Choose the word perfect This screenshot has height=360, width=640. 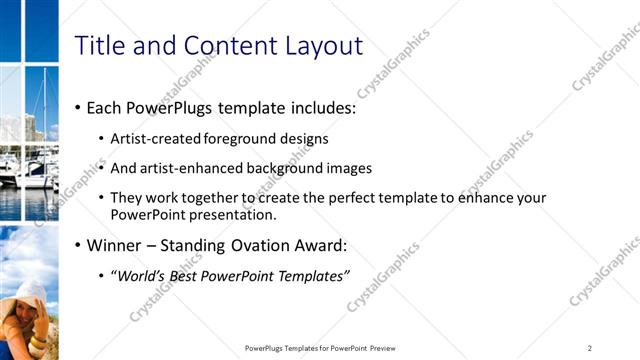click(331, 198)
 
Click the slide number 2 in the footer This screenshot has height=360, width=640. click(589, 348)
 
